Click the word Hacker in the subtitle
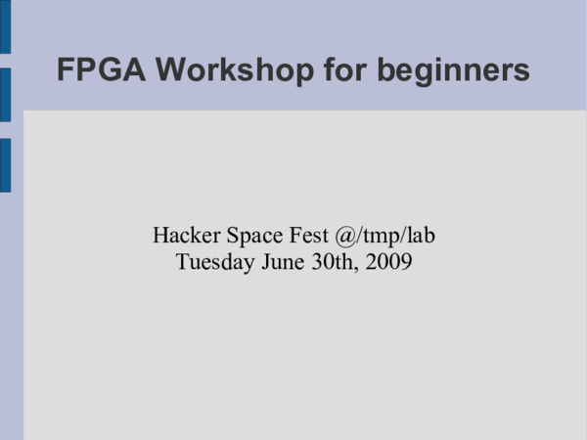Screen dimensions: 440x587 (185, 236)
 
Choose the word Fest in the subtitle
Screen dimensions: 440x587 (307, 236)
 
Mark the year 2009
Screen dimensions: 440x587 (388, 262)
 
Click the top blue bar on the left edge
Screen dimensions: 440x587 (5, 25)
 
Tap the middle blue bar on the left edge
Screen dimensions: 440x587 (5, 95)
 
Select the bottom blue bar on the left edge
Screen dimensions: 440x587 (5, 164)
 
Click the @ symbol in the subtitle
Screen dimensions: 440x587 (346, 237)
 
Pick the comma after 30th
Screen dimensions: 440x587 (358, 268)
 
